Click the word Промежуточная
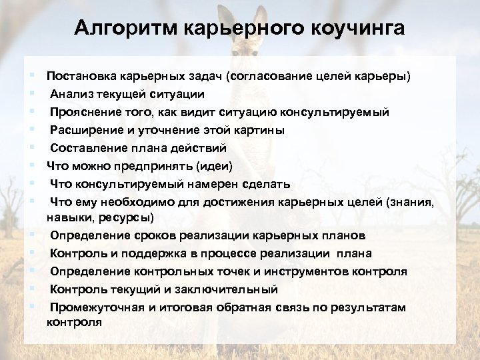pyautogui.click(x=93, y=307)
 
